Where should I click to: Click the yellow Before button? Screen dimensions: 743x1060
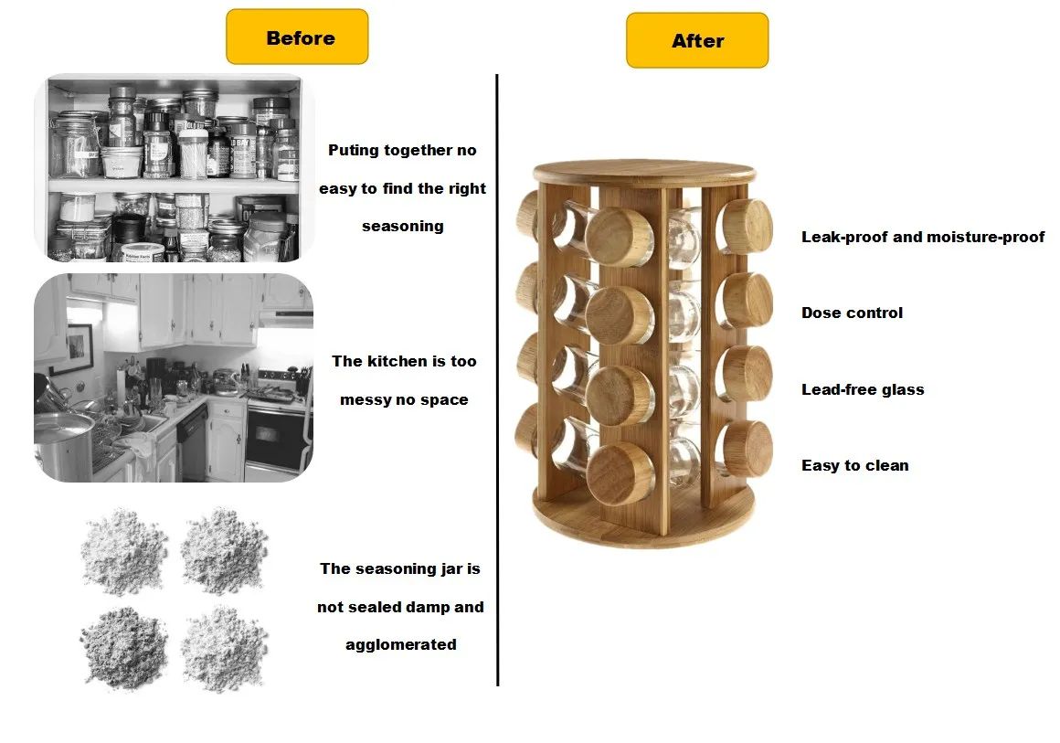pos(297,37)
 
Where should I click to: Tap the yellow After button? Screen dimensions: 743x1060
pos(697,41)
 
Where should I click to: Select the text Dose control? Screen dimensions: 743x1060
pos(852,313)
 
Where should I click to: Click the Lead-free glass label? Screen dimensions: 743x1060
pos(863,389)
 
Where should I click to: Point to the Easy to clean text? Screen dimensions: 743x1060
pos(854,465)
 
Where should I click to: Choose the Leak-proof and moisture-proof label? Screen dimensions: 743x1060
pos(922,237)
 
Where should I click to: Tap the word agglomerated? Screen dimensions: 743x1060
pos(400,644)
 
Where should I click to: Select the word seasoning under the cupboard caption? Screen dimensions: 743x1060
pos(402,226)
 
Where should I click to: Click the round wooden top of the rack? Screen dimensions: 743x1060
pos(644,171)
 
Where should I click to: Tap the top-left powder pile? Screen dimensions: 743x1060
pos(123,550)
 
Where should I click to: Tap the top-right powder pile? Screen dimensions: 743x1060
pos(224,550)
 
